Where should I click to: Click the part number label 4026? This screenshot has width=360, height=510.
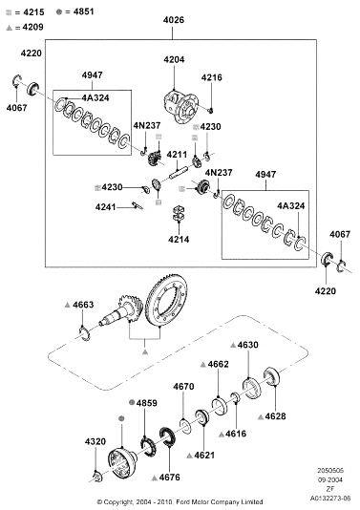174,20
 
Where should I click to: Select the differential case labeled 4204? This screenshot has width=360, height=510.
180,106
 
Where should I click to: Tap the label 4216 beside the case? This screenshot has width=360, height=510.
211,77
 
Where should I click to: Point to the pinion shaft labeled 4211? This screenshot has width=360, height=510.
179,172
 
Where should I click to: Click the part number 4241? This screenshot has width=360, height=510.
105,207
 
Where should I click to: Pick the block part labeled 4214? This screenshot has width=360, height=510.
179,213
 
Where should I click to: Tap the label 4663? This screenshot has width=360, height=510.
83,305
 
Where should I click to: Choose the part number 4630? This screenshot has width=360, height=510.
248,345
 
